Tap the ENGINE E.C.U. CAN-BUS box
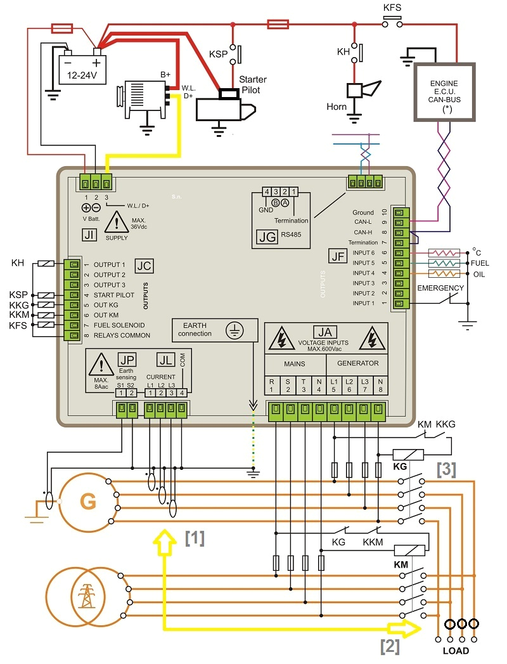[444, 92]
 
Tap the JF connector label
[337, 256]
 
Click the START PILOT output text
[113, 295]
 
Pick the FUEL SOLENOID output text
[119, 325]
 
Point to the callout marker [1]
[194, 538]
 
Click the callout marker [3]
[446, 469]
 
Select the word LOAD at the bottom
[456, 651]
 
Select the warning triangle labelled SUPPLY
[116, 222]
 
